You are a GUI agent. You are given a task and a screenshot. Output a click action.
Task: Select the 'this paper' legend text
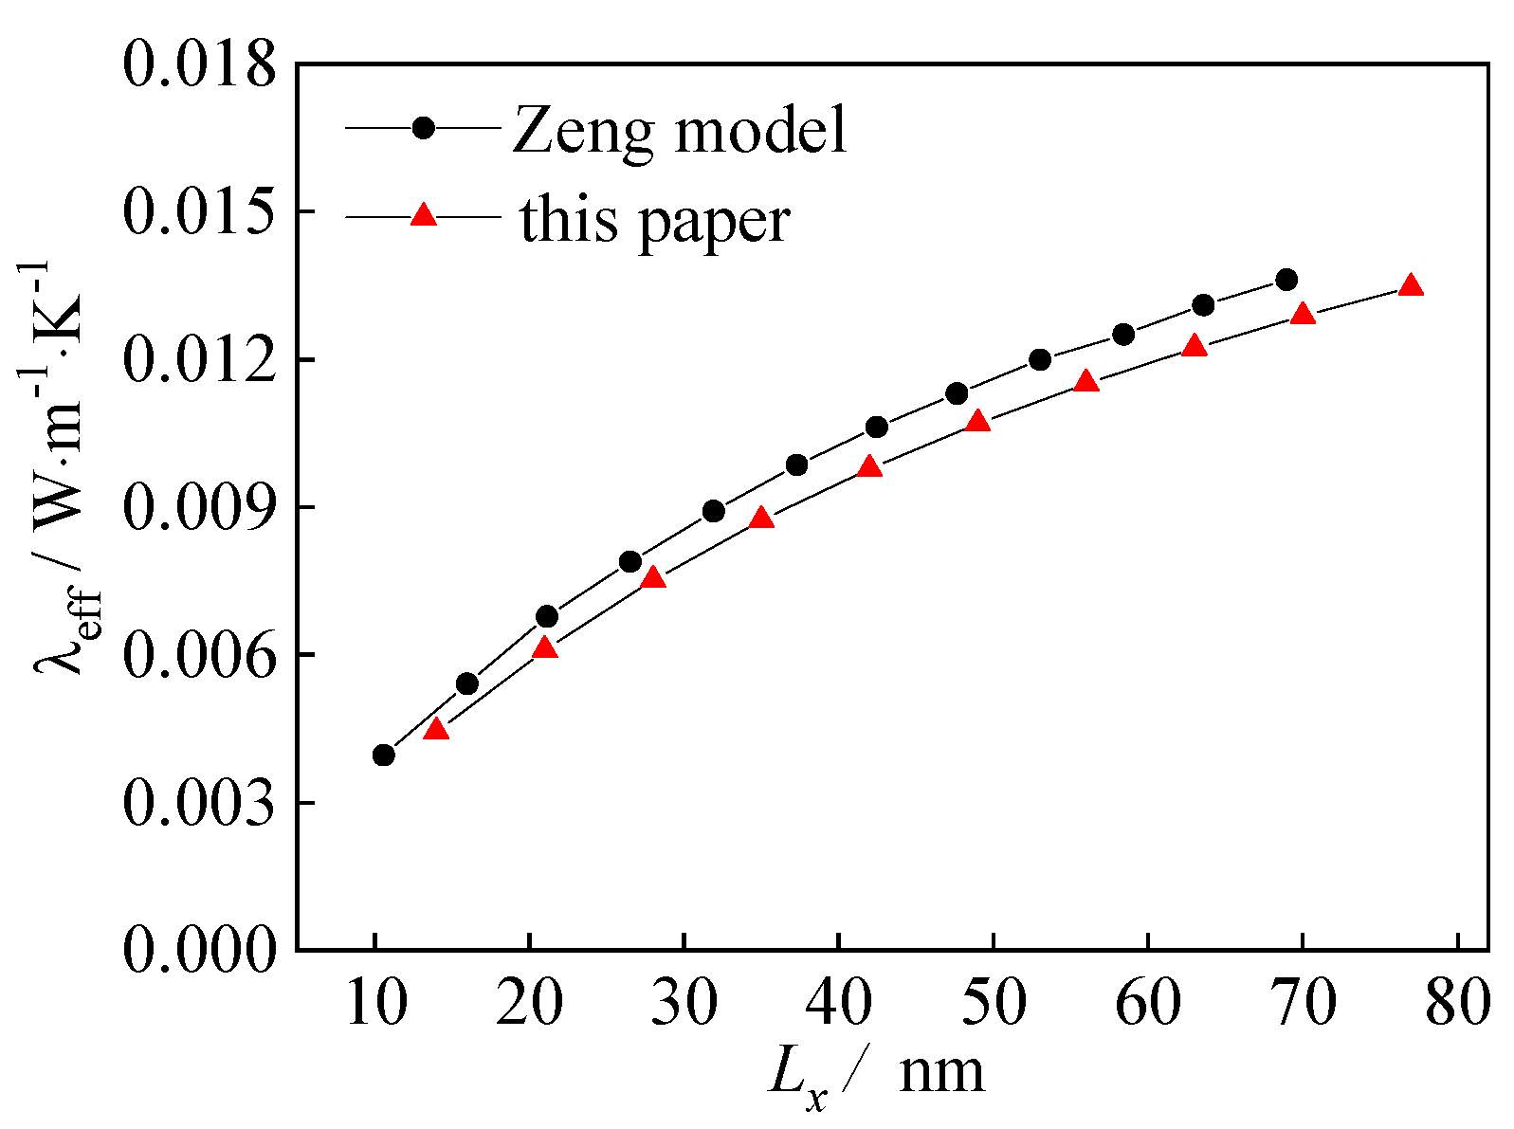point(654,220)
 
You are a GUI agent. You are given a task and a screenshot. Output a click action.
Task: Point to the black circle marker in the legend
point(424,127)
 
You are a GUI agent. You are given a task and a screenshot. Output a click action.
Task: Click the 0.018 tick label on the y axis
point(200,64)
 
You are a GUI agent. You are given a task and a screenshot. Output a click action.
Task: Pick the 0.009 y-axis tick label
point(200,508)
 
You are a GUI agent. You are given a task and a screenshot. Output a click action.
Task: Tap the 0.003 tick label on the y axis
point(200,803)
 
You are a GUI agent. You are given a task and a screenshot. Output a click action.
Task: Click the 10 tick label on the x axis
point(375,1004)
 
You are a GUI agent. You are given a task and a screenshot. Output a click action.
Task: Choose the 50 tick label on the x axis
point(993,1004)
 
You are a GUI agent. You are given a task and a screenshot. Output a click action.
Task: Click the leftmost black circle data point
point(384,755)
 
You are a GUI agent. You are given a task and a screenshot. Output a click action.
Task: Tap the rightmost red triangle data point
point(1411,285)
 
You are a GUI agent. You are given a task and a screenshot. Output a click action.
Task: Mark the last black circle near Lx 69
point(1286,280)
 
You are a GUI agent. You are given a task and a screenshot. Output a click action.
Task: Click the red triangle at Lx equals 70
point(1304,314)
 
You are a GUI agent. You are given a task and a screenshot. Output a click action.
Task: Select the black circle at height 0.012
point(1040,359)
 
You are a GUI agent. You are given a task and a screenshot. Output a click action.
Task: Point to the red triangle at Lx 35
point(761,518)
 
